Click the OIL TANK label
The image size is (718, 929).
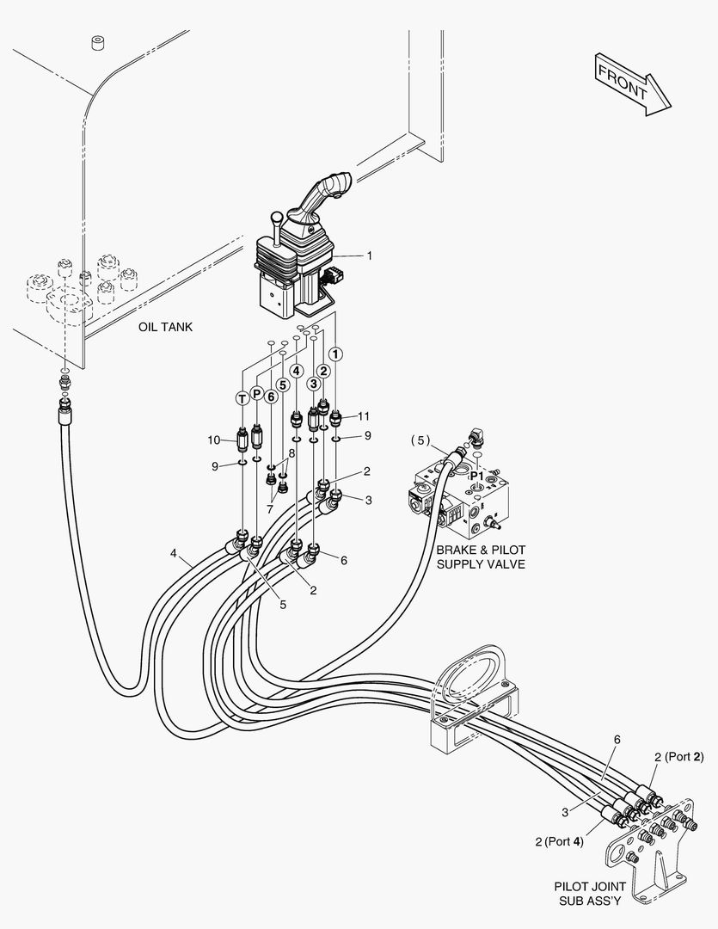click(x=165, y=327)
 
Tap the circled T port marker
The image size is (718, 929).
click(x=242, y=397)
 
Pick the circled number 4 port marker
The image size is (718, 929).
click(x=296, y=372)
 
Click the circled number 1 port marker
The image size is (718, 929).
click(x=336, y=353)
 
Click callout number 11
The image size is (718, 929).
click(x=365, y=415)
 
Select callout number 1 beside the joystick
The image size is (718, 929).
click(x=369, y=255)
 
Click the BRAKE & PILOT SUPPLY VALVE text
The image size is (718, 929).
click(x=480, y=557)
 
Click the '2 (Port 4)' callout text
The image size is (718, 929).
click(x=559, y=841)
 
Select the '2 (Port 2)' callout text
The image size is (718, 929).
click(x=678, y=757)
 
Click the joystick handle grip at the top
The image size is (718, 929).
click(x=329, y=188)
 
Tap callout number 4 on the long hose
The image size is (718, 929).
click(x=175, y=555)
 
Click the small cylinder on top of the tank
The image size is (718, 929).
click(x=98, y=43)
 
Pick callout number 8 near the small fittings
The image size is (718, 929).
click(x=291, y=452)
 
